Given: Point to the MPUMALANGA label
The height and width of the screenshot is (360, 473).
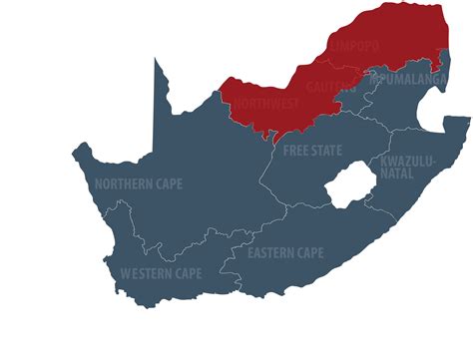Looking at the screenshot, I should coord(409,76).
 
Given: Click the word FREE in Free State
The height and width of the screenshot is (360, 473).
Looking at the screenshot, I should coord(296,151).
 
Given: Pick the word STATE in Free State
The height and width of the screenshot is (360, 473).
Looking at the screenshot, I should coord(326,151).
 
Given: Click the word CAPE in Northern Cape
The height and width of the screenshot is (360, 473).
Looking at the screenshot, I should coord(172,183).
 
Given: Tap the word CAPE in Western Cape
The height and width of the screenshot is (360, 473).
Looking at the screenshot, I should coord(188,273).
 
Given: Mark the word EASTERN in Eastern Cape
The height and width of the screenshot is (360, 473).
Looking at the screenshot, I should coord(269,252).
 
